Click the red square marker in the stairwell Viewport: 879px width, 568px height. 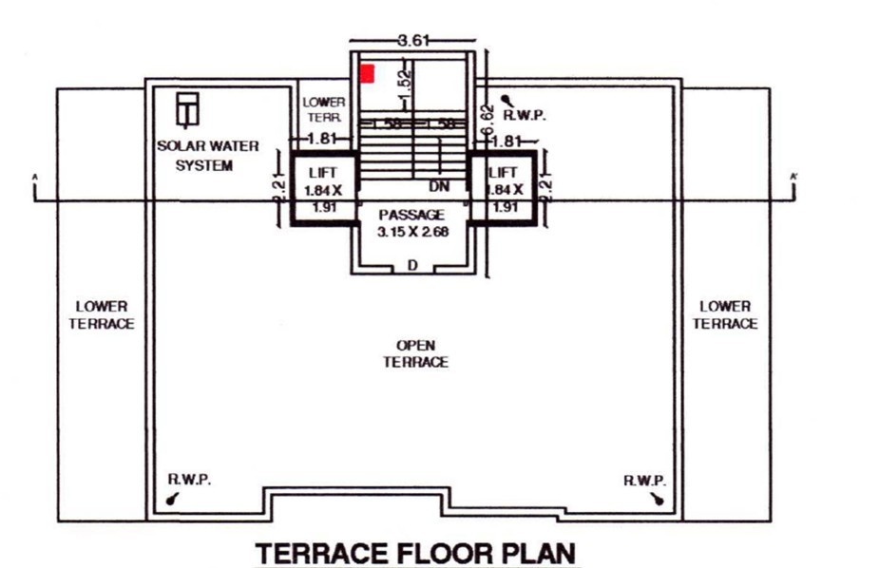[367, 73]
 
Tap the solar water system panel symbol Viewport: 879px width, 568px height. [188, 108]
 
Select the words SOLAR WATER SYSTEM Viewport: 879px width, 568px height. [195, 156]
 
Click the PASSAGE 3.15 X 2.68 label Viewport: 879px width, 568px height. [411, 223]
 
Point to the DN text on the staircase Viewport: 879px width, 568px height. [439, 185]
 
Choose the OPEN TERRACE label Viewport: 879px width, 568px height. [415, 354]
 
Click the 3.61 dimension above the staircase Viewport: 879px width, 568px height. [413, 40]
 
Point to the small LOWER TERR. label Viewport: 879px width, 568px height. [323, 108]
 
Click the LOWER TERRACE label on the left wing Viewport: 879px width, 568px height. [103, 315]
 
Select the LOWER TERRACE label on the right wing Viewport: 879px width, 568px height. [725, 315]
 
